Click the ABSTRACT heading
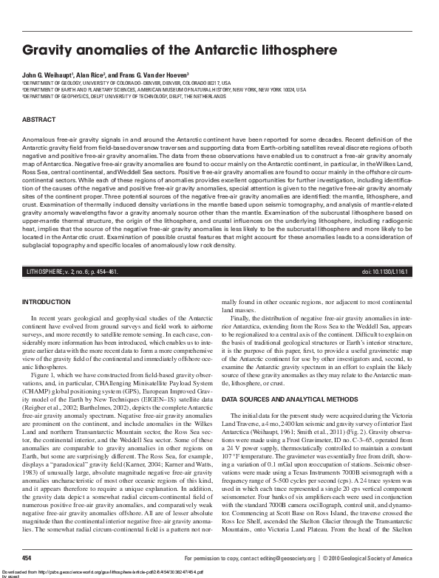38,119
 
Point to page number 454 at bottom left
27,558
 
